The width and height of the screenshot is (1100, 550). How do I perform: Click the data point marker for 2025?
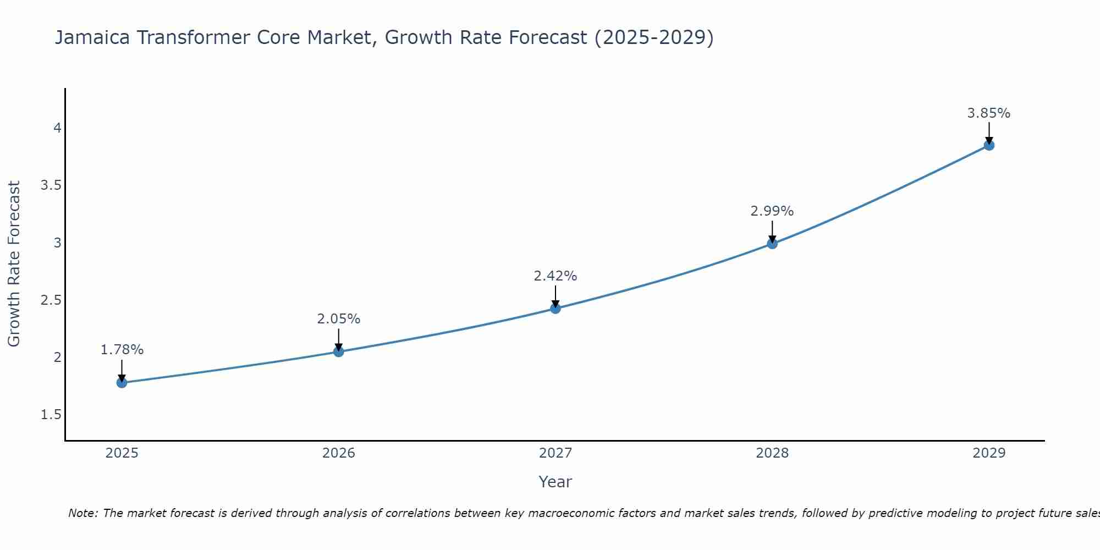click(122, 383)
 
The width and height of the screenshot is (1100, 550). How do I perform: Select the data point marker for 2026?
click(339, 351)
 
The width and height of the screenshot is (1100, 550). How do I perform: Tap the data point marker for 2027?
click(555, 309)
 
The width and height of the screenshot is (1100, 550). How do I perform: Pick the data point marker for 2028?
click(772, 244)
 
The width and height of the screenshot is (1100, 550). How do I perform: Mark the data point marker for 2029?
click(989, 145)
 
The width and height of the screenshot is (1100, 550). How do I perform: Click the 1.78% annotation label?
click(122, 350)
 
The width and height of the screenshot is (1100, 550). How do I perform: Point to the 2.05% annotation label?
click(339, 319)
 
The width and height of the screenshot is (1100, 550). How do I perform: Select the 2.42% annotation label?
click(555, 276)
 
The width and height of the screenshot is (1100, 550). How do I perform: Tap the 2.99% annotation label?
click(772, 211)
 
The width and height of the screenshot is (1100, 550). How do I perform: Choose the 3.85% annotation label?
click(989, 113)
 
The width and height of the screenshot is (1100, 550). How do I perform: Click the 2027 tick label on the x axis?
click(555, 453)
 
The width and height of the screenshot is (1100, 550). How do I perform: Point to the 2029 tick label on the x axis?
click(989, 453)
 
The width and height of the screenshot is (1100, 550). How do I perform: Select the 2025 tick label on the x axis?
click(122, 453)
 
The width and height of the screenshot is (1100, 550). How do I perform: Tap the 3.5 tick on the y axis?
click(51, 185)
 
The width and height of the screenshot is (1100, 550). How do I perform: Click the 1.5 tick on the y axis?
click(51, 415)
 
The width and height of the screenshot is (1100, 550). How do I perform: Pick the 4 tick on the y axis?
click(57, 128)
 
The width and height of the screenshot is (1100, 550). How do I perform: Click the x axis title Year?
click(555, 482)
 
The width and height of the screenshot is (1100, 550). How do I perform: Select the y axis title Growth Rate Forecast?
click(14, 264)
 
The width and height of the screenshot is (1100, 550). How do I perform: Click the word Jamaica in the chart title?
click(92, 38)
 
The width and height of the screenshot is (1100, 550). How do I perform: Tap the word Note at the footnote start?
click(82, 513)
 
